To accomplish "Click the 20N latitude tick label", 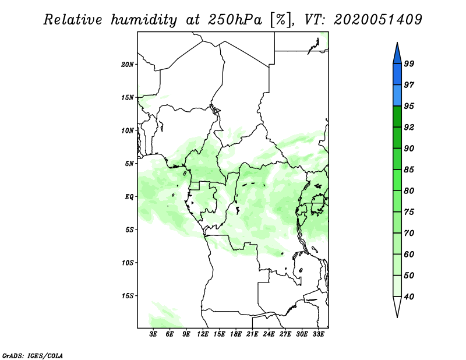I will tap(128, 64).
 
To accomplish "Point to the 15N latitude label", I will tap(128, 97).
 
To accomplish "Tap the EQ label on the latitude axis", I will tap(129, 197).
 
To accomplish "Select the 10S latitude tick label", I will tap(128, 263).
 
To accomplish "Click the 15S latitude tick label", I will tap(128, 296).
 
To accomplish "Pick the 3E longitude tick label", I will tap(154, 335).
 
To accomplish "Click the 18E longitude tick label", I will tap(236, 335).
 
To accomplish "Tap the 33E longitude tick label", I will tap(318, 335).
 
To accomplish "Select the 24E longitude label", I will tap(269, 335).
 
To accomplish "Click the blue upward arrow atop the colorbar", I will tap(397, 52).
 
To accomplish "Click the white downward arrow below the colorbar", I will tap(397, 307).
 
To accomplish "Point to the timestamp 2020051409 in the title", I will tap(378, 20).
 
